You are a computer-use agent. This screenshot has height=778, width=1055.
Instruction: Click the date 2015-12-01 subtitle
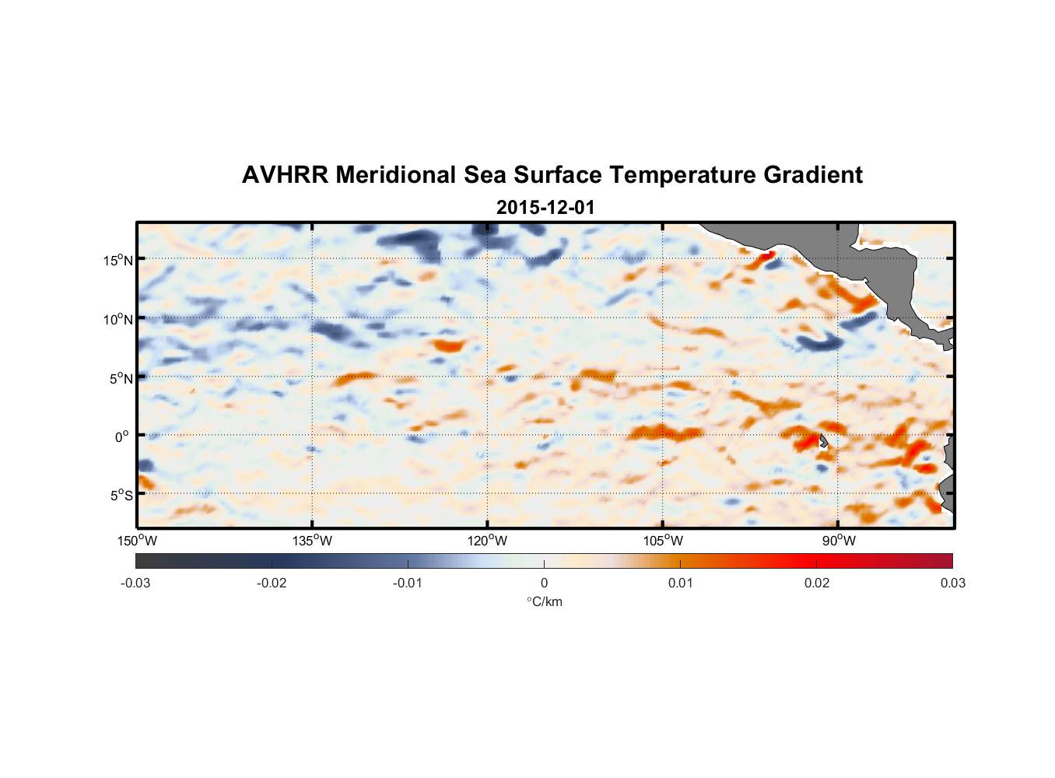coord(545,208)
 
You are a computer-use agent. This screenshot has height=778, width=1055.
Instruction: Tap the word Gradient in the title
coord(812,175)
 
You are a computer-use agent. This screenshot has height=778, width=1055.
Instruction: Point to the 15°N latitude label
coord(118,260)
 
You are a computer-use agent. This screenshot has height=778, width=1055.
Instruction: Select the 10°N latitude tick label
coord(118,319)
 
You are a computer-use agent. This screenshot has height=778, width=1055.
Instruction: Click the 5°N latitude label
coord(121,378)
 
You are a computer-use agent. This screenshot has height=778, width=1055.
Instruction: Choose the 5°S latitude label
coord(121,496)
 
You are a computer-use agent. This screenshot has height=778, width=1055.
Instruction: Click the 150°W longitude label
coord(138,541)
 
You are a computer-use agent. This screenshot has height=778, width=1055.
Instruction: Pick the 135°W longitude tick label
coord(313,541)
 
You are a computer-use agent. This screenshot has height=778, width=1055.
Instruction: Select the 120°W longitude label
coord(488,541)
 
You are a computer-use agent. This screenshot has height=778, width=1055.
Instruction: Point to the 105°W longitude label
coord(663,541)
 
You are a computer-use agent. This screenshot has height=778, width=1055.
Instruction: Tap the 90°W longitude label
coord(839,541)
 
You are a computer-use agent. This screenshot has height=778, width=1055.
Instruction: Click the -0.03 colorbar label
coord(135,583)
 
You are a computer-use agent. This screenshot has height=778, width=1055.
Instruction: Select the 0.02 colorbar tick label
coord(817,583)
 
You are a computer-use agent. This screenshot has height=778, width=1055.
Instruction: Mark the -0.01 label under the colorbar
coord(407,583)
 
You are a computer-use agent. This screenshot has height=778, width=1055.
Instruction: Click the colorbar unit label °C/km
coord(545,601)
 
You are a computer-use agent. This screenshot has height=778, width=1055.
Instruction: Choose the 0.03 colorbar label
coord(952,583)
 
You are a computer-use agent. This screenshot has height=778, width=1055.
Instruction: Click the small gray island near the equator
coord(823,441)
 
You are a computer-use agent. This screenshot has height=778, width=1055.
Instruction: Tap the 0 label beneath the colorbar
coord(544,583)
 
